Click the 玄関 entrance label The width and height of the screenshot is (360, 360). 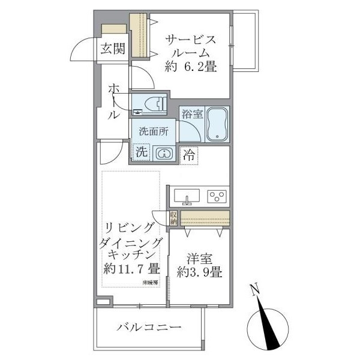(112, 49)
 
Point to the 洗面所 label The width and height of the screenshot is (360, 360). (154, 132)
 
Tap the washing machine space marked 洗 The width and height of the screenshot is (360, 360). (141, 152)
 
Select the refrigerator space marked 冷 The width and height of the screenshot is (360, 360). (189, 154)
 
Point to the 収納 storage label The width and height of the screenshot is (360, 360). (173, 218)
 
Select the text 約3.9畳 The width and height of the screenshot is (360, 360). (200, 273)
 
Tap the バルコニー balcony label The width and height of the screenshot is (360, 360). (149, 328)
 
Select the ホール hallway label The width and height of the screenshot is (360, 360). (114, 101)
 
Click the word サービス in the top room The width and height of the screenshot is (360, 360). (190, 40)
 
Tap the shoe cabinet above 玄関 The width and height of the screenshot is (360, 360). (113, 30)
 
